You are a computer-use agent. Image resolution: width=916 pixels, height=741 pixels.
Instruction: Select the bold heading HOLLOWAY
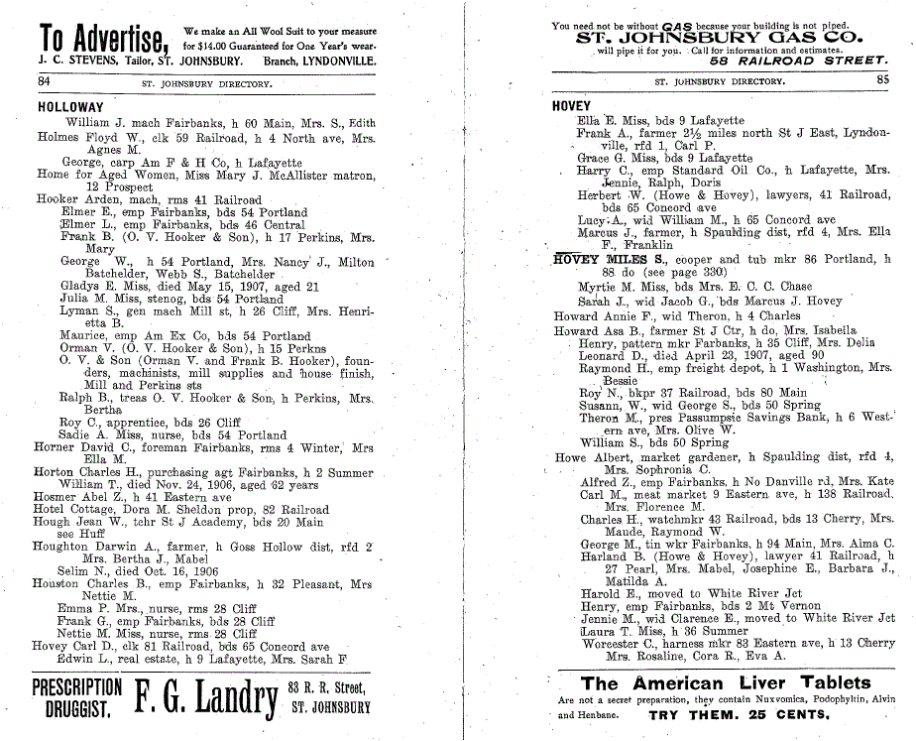69,106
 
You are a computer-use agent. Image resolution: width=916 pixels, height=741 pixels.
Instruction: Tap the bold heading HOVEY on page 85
571,106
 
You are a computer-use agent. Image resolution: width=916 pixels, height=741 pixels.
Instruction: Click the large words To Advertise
102,39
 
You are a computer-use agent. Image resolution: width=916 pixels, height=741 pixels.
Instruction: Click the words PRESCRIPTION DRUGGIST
77,698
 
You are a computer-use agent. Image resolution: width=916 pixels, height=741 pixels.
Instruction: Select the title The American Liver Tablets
712,682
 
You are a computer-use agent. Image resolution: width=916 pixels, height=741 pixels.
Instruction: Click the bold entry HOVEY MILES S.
608,259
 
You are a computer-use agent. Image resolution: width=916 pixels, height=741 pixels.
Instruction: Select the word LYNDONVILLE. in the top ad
332,61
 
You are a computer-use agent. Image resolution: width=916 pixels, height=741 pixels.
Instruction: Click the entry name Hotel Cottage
72,509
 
